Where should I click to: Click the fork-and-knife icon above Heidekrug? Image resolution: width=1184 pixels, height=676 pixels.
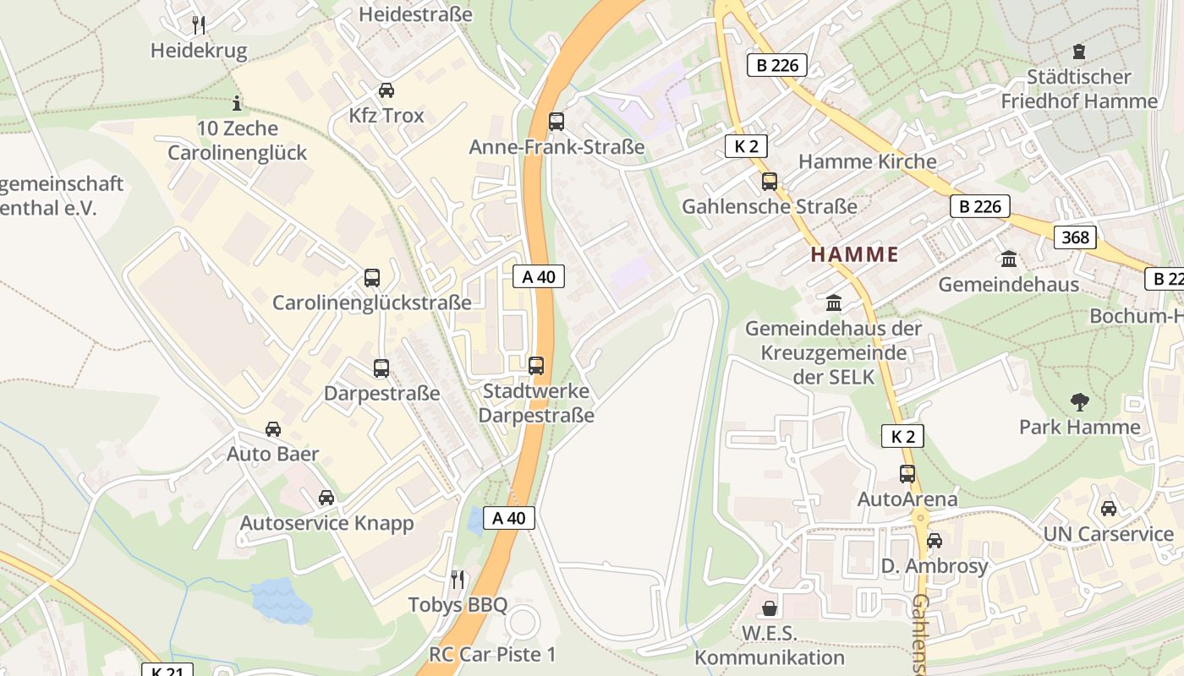pos(198,24)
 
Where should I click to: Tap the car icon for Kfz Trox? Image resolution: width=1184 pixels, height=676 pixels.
pos(386,90)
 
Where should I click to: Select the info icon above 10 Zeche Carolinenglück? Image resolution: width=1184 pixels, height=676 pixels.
pos(237,104)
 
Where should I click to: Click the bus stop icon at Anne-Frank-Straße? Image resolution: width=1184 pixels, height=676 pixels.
pos(556,122)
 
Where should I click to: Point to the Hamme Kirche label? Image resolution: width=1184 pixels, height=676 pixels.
pos(867,161)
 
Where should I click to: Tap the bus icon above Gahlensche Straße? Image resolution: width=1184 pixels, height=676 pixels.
pos(770,181)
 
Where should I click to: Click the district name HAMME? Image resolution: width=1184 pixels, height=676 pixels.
pos(854,254)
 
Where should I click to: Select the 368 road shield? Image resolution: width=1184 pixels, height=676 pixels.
pos(1075,237)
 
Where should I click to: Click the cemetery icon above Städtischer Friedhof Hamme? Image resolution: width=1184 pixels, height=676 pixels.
pos(1078,52)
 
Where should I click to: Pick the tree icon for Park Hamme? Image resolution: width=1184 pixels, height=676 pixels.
pos(1079,401)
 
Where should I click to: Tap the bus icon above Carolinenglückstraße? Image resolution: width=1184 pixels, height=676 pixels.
pos(371,277)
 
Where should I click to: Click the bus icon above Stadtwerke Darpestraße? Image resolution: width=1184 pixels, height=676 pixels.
pos(536,366)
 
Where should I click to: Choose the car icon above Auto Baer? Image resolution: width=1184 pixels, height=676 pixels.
pos(273,429)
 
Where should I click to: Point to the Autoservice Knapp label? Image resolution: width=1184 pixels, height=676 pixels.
pos(326,523)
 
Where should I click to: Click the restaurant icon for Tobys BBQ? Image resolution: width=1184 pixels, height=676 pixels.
pos(458,580)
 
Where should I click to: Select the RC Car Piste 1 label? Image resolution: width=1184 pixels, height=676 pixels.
pos(492,654)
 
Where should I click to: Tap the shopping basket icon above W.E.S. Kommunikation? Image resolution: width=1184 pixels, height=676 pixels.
pos(770,608)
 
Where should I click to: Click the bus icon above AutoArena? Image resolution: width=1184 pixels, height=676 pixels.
pos(907,474)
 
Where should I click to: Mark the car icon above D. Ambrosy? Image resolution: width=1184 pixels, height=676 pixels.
pos(934,541)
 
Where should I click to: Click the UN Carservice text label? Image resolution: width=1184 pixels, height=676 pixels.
pos(1108,534)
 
